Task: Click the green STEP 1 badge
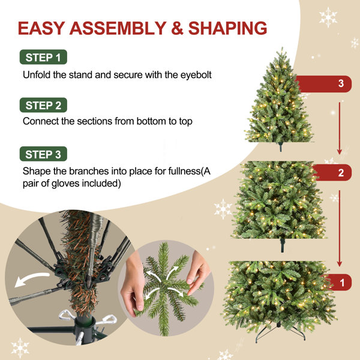pos(43,57)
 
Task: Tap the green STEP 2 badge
pos(43,105)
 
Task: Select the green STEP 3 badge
pos(43,154)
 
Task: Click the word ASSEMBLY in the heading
pos(118,28)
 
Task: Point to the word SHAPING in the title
pos(227,28)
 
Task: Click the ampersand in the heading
pos(177,28)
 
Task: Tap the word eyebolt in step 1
pos(196,75)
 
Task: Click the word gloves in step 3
pos(66,184)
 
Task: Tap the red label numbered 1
pos(338,282)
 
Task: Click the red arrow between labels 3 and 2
pos(340,128)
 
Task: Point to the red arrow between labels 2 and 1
pos(340,228)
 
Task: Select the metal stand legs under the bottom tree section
pos(280,331)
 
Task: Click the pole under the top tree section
pos(280,147)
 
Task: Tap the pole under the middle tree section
pos(282,245)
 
